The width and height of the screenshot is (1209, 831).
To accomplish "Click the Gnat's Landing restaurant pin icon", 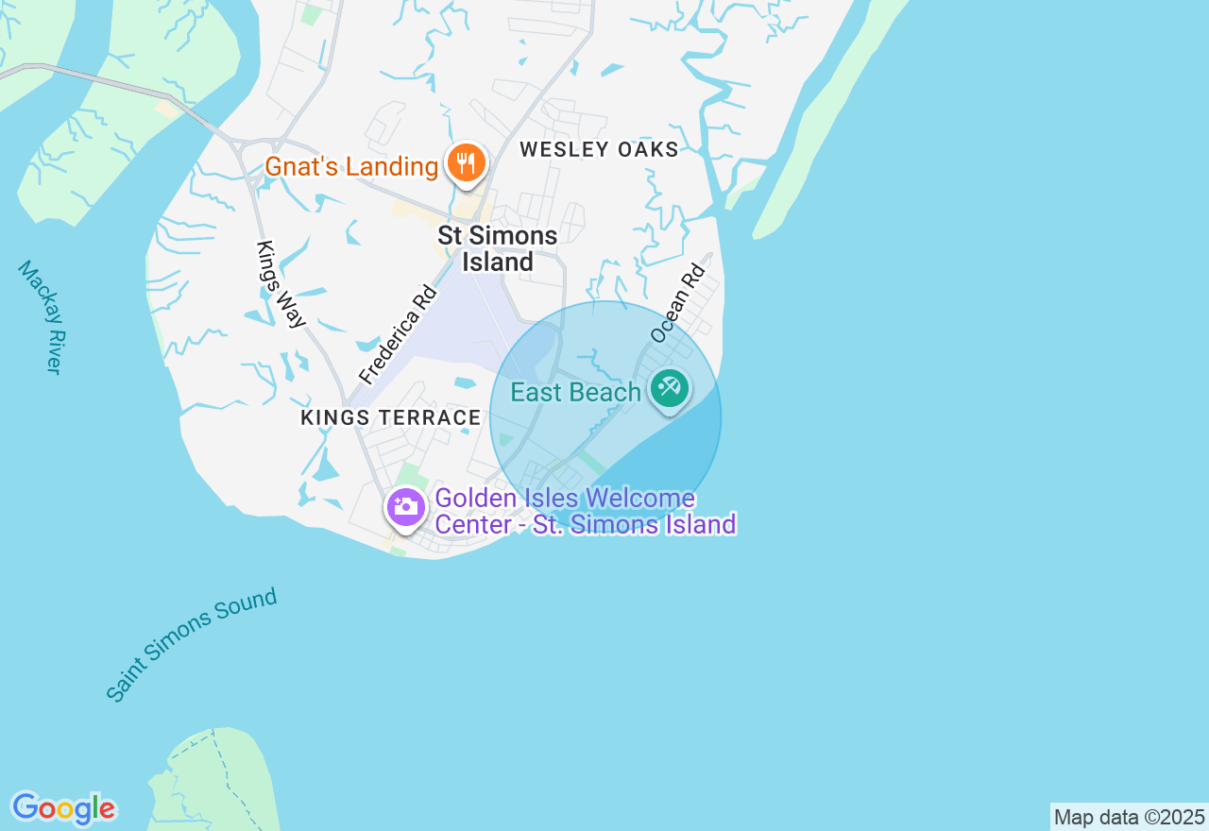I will pyautogui.click(x=465, y=164).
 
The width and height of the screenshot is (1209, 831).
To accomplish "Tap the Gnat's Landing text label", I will pyautogui.click(x=351, y=167).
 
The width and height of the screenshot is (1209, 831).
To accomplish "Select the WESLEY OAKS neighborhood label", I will pyautogui.click(x=599, y=149).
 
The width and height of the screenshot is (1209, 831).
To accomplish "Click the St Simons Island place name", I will pyautogui.click(x=498, y=248).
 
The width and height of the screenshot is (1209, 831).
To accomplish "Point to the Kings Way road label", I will pyautogui.click(x=281, y=284).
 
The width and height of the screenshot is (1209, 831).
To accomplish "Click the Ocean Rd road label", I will pyautogui.click(x=678, y=302).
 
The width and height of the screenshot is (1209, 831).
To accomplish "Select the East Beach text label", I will pyautogui.click(x=575, y=392).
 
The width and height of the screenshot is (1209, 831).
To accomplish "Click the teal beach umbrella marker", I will pyautogui.click(x=670, y=388).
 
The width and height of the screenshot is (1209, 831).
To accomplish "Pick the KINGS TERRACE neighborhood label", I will pyautogui.click(x=391, y=417).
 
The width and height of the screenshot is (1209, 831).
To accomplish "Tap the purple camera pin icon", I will pyautogui.click(x=406, y=507).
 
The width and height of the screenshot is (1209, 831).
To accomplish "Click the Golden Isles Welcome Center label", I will pyautogui.click(x=585, y=511).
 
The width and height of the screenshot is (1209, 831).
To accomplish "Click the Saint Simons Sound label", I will pyautogui.click(x=192, y=644).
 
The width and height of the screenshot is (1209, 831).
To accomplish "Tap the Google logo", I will pyautogui.click(x=63, y=809).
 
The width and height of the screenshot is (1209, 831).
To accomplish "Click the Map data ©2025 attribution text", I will pyautogui.click(x=1129, y=817).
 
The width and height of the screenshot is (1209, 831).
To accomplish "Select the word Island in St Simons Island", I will pyautogui.click(x=498, y=262).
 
